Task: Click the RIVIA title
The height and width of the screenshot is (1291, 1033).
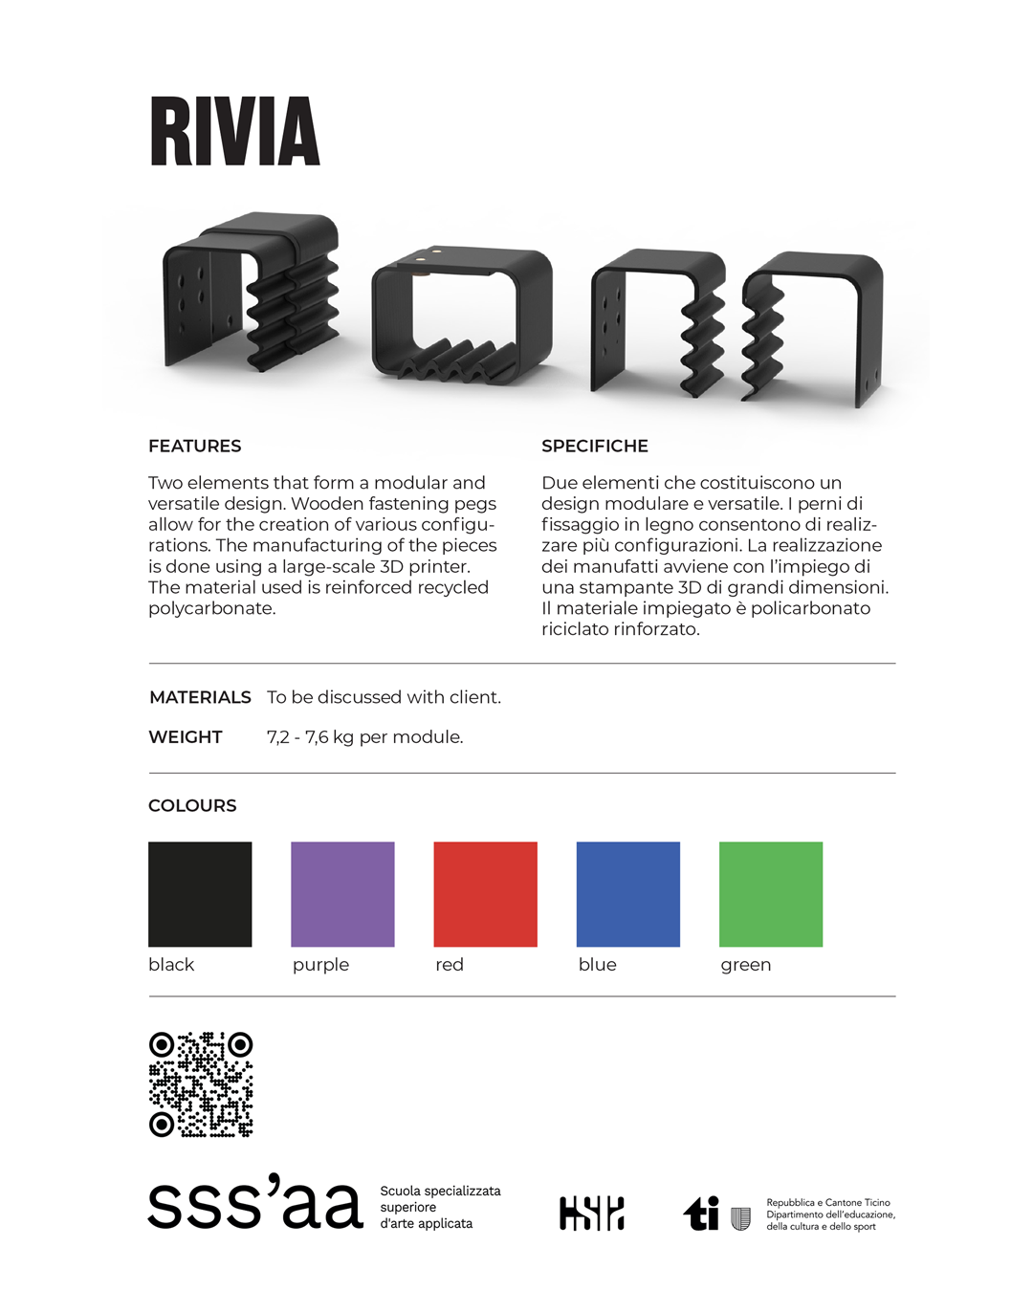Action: pos(234,131)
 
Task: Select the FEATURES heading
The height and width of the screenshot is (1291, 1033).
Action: pos(195,446)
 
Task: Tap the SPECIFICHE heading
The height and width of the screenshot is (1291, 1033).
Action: pos(595,446)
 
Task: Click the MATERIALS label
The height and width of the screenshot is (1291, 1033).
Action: pos(200,697)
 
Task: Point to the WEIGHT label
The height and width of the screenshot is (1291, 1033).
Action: pos(186,737)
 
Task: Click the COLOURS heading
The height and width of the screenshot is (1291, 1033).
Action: pos(192,805)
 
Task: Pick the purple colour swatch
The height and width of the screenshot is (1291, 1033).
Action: pos(342,894)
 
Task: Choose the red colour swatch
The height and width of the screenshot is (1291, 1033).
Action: pos(485,894)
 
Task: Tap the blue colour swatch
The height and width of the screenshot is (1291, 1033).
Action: pos(627,894)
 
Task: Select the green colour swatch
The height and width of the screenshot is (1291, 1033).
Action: pos(770,894)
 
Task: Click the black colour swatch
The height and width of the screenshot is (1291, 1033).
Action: pos(200,894)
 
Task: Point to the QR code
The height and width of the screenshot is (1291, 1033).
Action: pos(201,1084)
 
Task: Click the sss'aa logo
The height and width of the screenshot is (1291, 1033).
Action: pos(255,1204)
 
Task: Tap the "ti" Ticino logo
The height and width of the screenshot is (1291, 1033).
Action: pos(702,1214)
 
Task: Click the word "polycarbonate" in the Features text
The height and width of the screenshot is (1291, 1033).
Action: pos(211,608)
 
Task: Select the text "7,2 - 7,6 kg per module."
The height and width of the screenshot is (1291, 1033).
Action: pos(364,737)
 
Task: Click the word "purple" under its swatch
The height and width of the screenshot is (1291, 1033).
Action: pos(320,965)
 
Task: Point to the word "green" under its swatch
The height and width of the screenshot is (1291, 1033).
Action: pos(745,965)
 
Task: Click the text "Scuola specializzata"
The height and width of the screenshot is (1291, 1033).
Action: pos(440,1191)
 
